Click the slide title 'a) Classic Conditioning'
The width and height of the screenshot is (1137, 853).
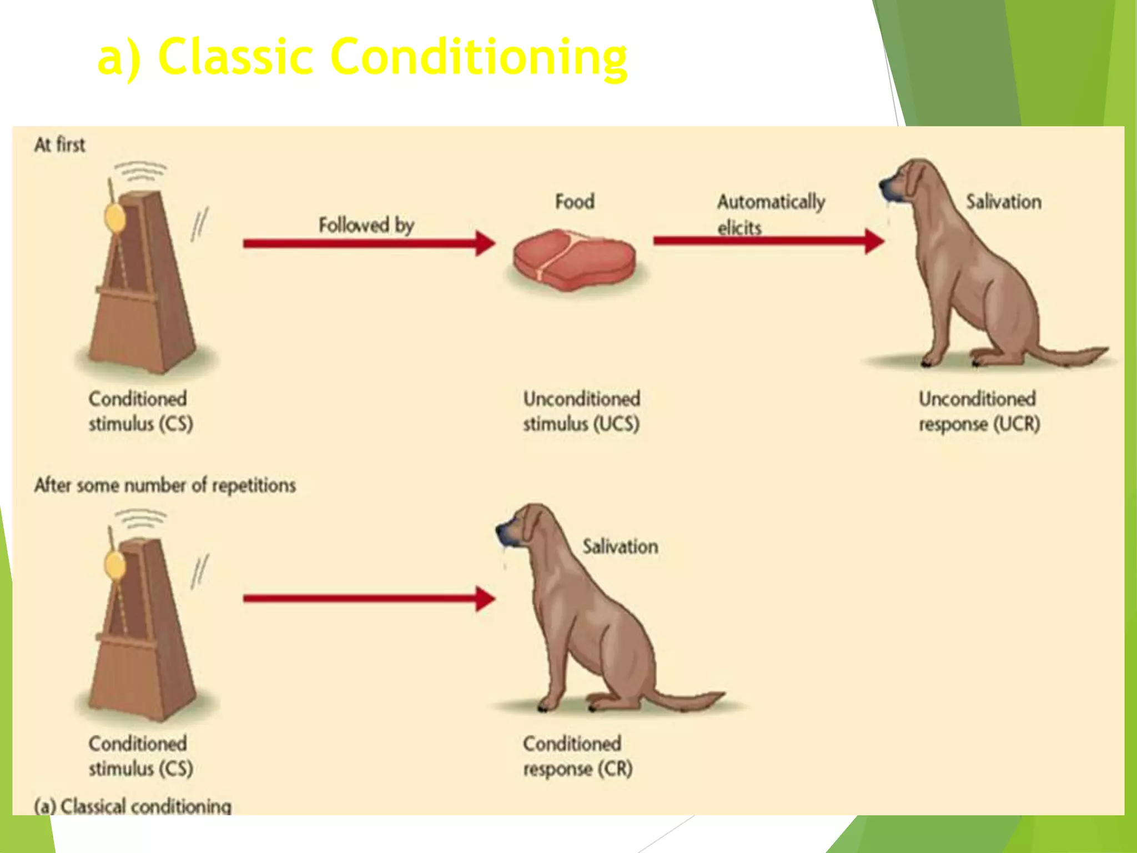(x=362, y=57)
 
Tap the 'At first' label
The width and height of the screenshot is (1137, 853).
(x=59, y=145)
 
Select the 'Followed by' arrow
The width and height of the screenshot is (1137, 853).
(x=369, y=243)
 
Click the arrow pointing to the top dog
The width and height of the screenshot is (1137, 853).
(x=768, y=241)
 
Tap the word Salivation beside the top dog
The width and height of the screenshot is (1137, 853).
(x=1003, y=202)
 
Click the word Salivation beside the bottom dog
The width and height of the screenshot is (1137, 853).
(x=620, y=546)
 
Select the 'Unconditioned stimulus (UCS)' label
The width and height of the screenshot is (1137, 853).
(x=581, y=411)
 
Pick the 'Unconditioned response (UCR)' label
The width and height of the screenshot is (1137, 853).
(x=979, y=411)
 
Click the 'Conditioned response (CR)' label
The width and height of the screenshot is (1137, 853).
(x=577, y=756)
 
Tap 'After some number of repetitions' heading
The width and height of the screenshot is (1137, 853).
(x=165, y=485)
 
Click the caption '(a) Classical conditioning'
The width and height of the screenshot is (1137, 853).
(x=133, y=806)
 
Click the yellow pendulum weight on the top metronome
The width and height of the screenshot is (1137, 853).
(x=115, y=218)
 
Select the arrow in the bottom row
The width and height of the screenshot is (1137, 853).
(x=369, y=599)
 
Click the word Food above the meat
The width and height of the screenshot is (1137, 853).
(x=575, y=201)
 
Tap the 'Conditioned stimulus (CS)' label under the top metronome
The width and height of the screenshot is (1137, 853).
(x=140, y=411)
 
